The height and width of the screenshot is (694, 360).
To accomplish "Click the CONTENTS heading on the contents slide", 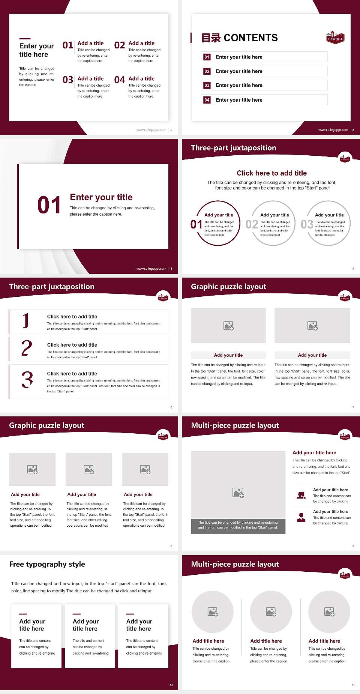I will (x=250, y=38).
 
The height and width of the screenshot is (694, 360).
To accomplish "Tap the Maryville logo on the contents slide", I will (x=335, y=38).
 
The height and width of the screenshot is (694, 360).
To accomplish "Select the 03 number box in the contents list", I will (x=207, y=86).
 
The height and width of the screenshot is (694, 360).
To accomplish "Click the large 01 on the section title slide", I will (x=49, y=205).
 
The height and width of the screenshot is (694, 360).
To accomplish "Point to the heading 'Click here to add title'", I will (x=271, y=173).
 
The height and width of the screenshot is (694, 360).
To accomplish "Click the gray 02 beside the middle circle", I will (x=252, y=224).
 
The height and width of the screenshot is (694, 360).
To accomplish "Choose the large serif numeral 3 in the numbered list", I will (x=27, y=380).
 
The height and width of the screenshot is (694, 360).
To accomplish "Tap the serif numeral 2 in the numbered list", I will (x=27, y=348).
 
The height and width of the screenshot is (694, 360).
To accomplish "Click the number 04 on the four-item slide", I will (x=120, y=80).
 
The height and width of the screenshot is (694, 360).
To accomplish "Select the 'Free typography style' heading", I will (x=47, y=564).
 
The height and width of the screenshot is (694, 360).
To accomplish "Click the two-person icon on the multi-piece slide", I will (x=301, y=495).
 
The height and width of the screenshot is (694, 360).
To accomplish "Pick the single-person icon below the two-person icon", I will (x=301, y=517).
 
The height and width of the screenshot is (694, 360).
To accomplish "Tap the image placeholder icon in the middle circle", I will (x=271, y=612).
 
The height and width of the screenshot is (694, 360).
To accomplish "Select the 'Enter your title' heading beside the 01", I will (x=101, y=197).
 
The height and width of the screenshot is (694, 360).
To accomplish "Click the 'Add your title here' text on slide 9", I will (x=314, y=453).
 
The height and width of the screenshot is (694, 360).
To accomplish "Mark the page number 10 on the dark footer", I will (x=171, y=685).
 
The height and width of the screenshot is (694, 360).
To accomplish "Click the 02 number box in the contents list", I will (x=207, y=71).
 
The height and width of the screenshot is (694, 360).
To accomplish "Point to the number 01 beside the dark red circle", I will (x=196, y=224).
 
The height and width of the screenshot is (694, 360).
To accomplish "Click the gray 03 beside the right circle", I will (x=307, y=224).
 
